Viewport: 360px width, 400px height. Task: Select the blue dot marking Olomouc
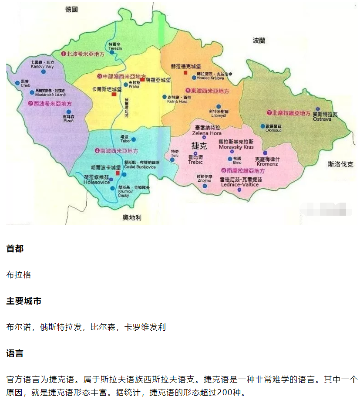(x=262, y=126)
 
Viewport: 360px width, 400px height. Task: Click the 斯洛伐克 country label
(x=340, y=164)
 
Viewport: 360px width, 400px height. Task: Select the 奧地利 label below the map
(x=132, y=217)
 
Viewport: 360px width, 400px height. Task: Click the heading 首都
(x=15, y=248)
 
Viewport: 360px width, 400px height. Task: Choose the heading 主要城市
(x=24, y=301)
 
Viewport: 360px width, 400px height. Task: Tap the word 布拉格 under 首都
(x=19, y=275)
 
